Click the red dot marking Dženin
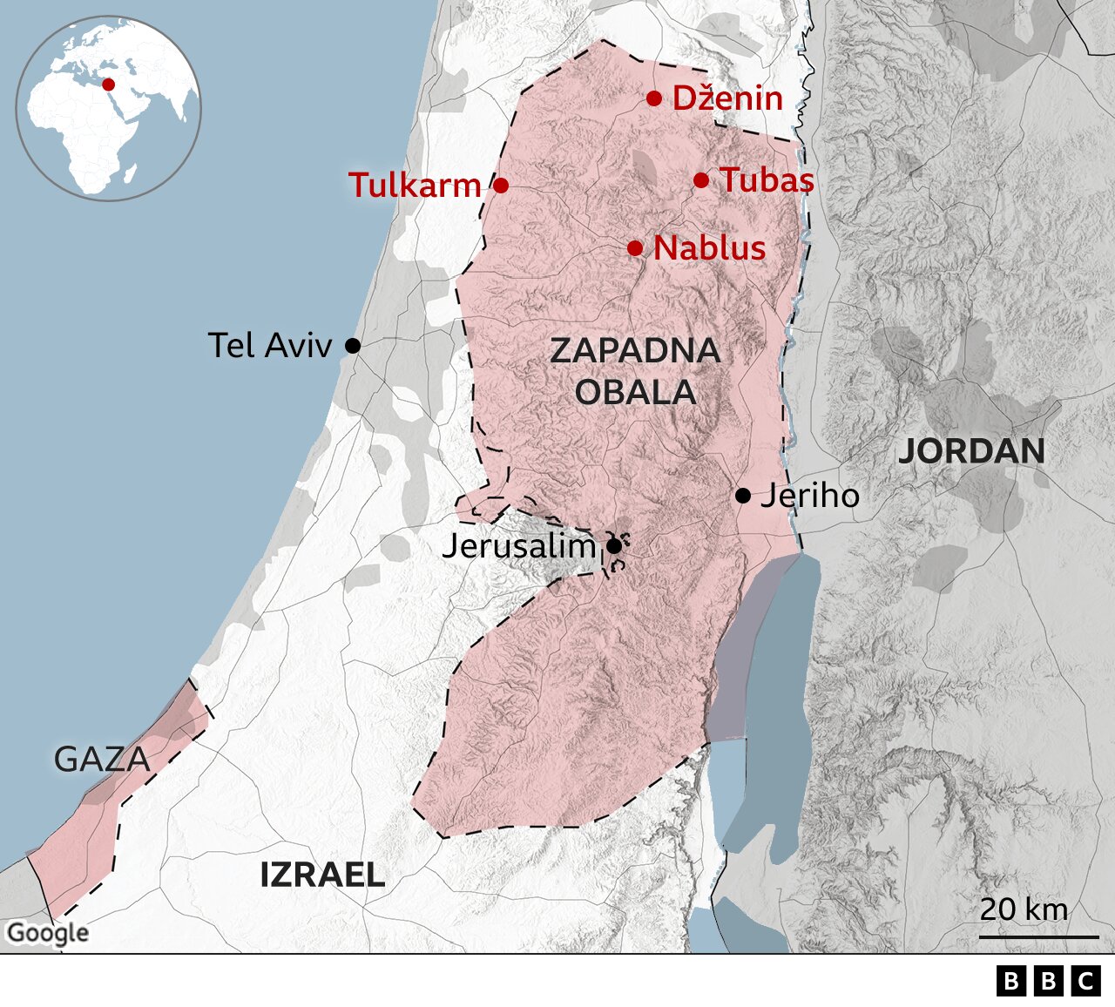click(x=654, y=98)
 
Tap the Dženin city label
click(x=727, y=98)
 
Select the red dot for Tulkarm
click(x=501, y=185)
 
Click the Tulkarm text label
click(x=415, y=185)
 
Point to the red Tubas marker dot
click(x=701, y=180)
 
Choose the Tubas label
click(x=767, y=180)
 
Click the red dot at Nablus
click(x=635, y=248)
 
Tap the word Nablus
click(x=709, y=248)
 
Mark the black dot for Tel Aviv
click(x=353, y=346)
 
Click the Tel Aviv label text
click(x=270, y=346)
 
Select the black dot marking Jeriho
click(x=743, y=496)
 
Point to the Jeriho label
click(x=809, y=496)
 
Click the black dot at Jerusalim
click(x=613, y=546)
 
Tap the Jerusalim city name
click(x=519, y=546)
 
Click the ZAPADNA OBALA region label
click(x=635, y=371)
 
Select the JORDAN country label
click(x=971, y=451)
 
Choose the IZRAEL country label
click(x=322, y=875)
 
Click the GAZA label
click(x=102, y=760)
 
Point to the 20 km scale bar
click(x=1038, y=937)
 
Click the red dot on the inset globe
click(x=108, y=84)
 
